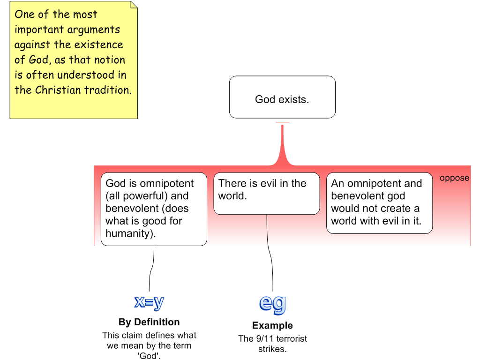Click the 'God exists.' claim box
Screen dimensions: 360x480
[x=282, y=97]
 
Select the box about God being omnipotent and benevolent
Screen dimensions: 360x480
[x=154, y=209]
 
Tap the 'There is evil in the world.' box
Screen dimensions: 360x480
[x=267, y=194]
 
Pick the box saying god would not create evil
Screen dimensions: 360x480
[x=379, y=203]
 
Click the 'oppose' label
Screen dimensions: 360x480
[x=454, y=178]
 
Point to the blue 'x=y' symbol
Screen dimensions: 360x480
[x=150, y=302]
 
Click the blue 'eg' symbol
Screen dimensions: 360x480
[x=273, y=303]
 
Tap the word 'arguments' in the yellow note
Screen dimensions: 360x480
[x=94, y=30]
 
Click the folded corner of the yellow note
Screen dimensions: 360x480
[x=134, y=5]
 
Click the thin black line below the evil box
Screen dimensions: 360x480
[x=267, y=230]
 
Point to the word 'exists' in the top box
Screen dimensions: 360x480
[x=294, y=99]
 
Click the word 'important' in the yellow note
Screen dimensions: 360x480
[x=38, y=30]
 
